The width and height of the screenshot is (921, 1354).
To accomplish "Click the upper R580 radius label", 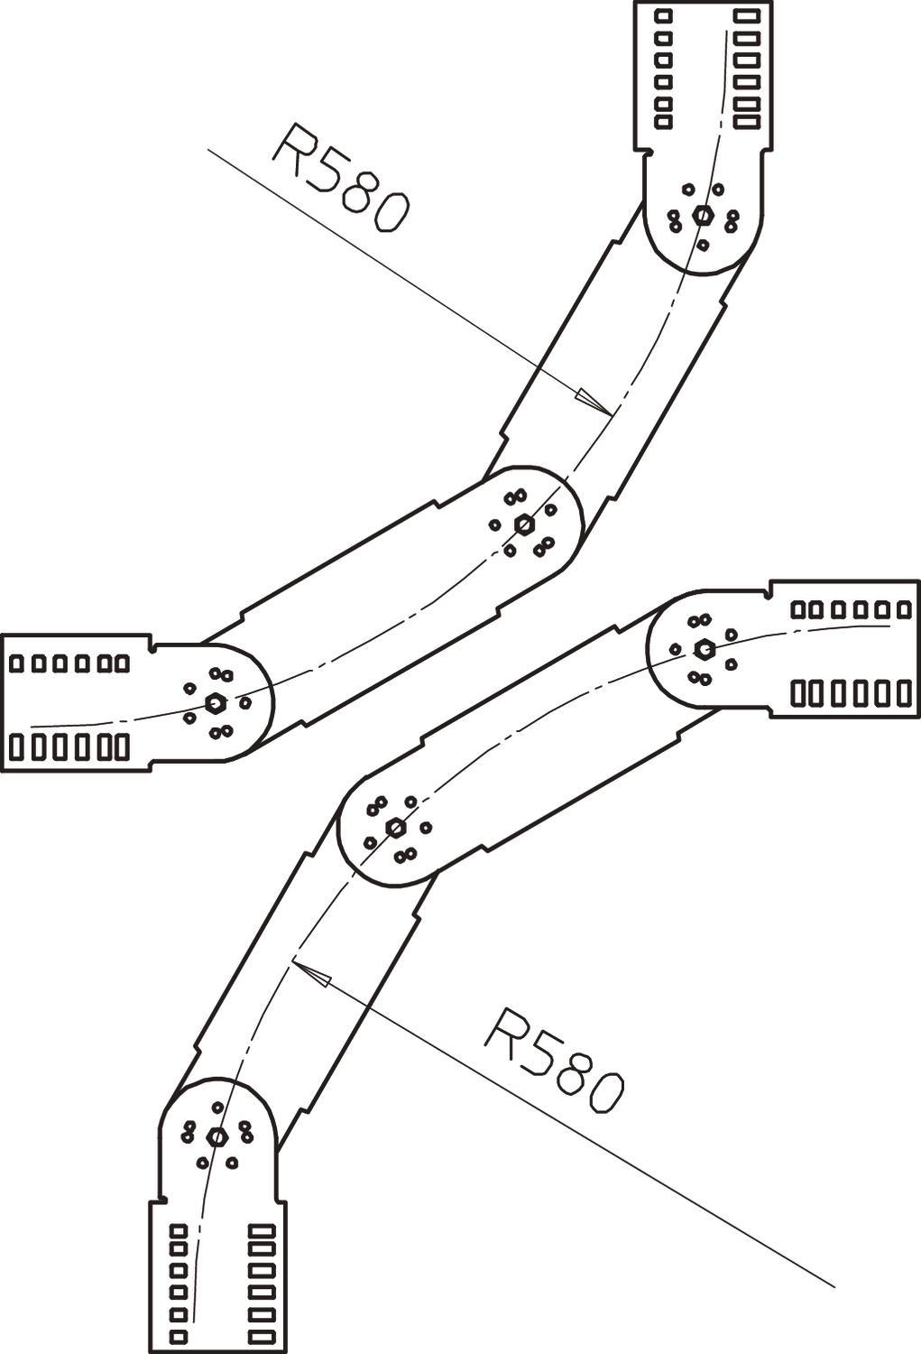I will [x=341, y=179].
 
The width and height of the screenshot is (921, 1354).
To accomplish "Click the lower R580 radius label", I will [x=553, y=1059].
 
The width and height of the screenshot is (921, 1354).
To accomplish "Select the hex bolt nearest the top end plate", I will [x=703, y=216].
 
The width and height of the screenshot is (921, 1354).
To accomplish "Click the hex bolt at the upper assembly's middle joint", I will [x=523, y=524].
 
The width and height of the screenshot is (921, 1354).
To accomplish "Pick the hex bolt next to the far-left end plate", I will [x=215, y=701].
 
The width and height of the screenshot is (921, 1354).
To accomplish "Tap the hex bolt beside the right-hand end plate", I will [x=704, y=648].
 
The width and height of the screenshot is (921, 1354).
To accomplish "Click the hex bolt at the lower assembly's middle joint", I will [x=395, y=827].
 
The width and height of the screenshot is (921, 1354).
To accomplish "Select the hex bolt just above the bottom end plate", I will [x=216, y=1136].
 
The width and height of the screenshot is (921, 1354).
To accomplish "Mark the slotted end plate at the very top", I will [x=704, y=72].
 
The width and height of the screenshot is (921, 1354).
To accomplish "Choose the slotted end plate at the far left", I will [x=72, y=702].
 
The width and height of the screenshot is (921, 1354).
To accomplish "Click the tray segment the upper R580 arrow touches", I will [x=613, y=361].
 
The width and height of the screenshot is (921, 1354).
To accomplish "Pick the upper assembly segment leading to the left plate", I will [x=370, y=614].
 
